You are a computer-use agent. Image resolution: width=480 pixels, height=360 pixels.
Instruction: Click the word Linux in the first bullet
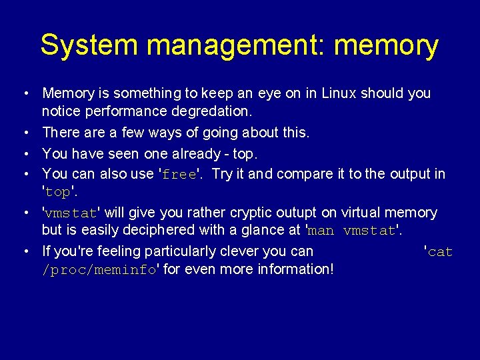(x=339, y=93)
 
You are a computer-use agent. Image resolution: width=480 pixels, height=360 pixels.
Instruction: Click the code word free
(x=179, y=175)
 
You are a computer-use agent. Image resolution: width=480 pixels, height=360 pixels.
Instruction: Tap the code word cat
(x=441, y=252)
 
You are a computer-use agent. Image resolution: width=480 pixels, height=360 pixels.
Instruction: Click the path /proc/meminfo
(x=99, y=270)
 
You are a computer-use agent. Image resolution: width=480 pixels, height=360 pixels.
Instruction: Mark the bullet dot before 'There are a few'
(x=23, y=133)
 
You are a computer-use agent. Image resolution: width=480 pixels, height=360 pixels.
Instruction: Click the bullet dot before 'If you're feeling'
(x=23, y=251)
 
